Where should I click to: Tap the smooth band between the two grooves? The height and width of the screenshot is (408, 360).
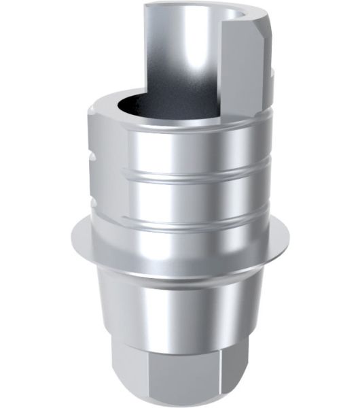[180, 197]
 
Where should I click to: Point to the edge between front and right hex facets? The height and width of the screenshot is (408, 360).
[233, 367]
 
